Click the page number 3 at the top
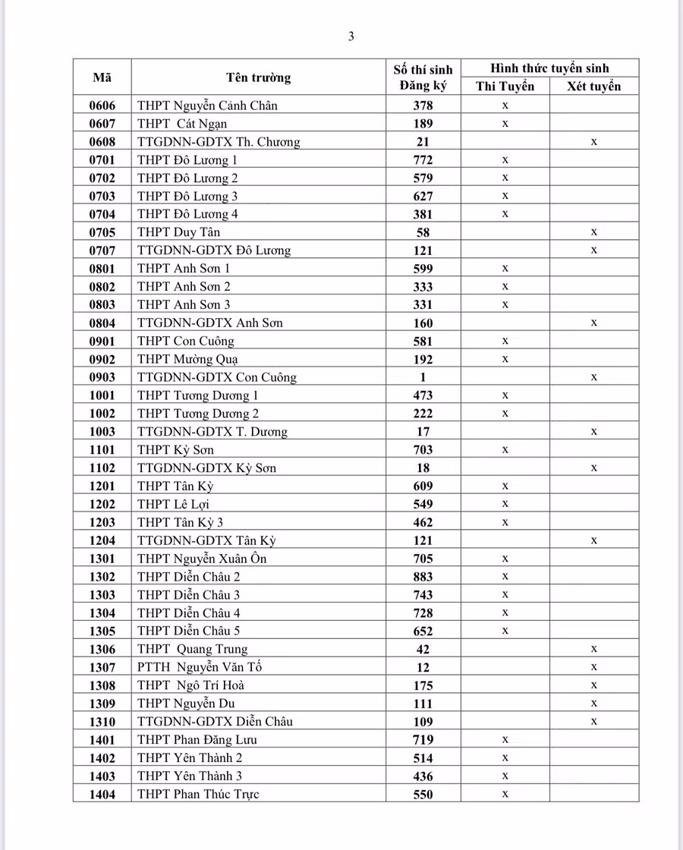tap(351, 36)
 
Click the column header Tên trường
tap(258, 77)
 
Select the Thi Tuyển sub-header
tap(505, 87)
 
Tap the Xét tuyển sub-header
tap(594, 87)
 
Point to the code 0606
tap(102, 105)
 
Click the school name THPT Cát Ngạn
tap(182, 124)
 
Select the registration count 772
tap(423, 160)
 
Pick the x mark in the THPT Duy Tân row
tap(594, 231)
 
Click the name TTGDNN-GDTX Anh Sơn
tap(210, 323)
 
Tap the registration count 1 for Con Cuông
tap(423, 377)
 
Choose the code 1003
tap(102, 432)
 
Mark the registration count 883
tap(423, 577)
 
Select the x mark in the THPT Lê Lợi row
tap(505, 504)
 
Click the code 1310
tap(102, 722)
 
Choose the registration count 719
tap(423, 740)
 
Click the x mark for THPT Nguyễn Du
tap(594, 704)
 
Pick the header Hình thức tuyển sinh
tap(549, 68)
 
